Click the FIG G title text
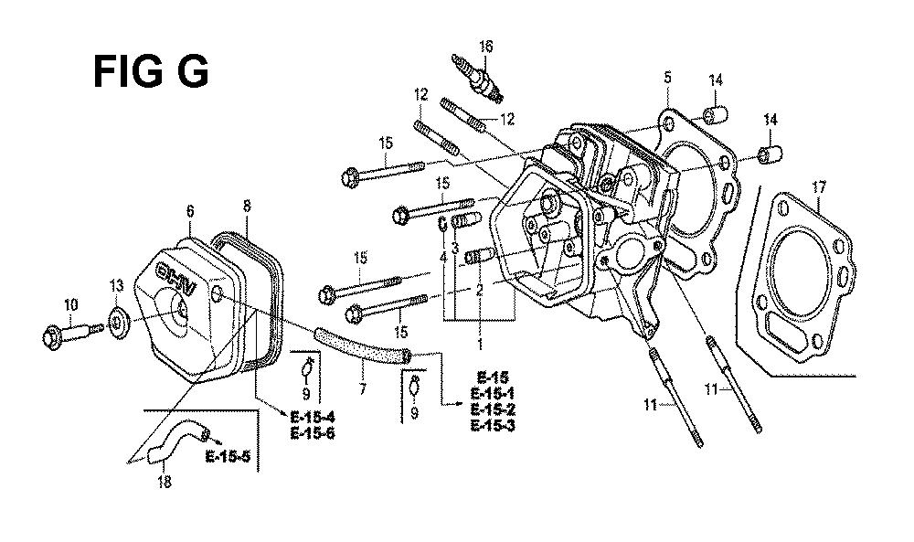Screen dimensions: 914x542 pos(151,71)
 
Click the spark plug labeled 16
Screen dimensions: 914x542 pos(477,78)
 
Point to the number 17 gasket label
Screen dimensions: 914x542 pos(819,187)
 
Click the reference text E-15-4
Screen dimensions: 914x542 pos(312,417)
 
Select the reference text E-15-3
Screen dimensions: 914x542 pos(493,425)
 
